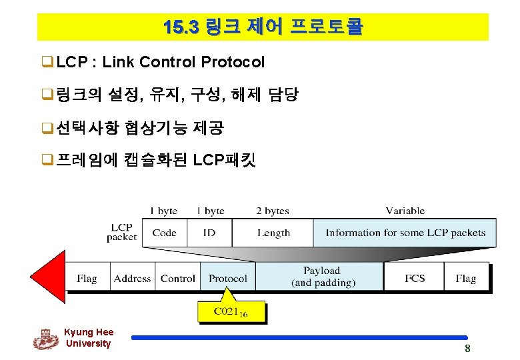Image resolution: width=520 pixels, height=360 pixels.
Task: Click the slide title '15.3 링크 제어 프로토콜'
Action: coord(263,27)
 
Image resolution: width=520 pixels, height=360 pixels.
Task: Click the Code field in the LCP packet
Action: coord(164,233)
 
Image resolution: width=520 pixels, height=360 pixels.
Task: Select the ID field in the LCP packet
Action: coord(210,233)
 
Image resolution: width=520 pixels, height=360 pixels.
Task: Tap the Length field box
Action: coord(273,233)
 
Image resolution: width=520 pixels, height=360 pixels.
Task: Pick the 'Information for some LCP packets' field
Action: coord(405,233)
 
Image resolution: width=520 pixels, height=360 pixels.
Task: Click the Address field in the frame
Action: coord(132,278)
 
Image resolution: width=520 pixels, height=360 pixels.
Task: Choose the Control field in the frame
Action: coord(178,278)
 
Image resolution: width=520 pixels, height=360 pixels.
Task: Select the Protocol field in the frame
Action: coord(227,278)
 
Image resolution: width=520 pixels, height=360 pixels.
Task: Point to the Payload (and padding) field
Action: coord(321,277)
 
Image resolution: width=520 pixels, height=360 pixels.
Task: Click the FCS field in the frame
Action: coord(415,278)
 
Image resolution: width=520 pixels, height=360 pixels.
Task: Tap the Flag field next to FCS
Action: coord(465,278)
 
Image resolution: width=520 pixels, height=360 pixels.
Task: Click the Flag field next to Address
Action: coord(87,278)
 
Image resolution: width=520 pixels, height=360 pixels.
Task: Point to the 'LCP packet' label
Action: coord(122,232)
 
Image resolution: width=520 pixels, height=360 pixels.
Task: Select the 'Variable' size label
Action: coord(405,211)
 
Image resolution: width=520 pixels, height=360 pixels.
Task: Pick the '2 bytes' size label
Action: coord(273,211)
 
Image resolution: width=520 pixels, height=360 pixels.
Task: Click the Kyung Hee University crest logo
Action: coord(46,339)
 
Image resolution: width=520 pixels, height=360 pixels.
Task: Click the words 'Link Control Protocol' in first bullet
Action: coord(183,63)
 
